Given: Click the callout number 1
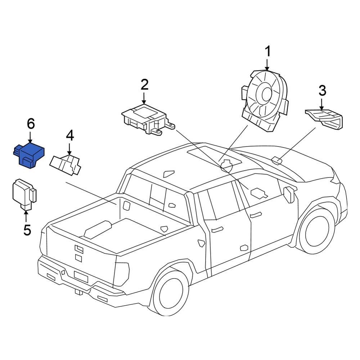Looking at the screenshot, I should click(x=267, y=52).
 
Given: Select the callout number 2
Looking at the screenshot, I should click(x=144, y=85).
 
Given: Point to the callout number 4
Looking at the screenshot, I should click(x=69, y=136).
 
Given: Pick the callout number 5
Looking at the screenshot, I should click(x=27, y=230).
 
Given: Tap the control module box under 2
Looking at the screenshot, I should click(x=146, y=119).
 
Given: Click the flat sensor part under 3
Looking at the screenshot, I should click(x=324, y=118).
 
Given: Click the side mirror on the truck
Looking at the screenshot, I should click(x=289, y=194).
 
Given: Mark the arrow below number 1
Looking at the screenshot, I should click(x=267, y=65).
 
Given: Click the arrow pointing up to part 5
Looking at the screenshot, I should click(x=26, y=216).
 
